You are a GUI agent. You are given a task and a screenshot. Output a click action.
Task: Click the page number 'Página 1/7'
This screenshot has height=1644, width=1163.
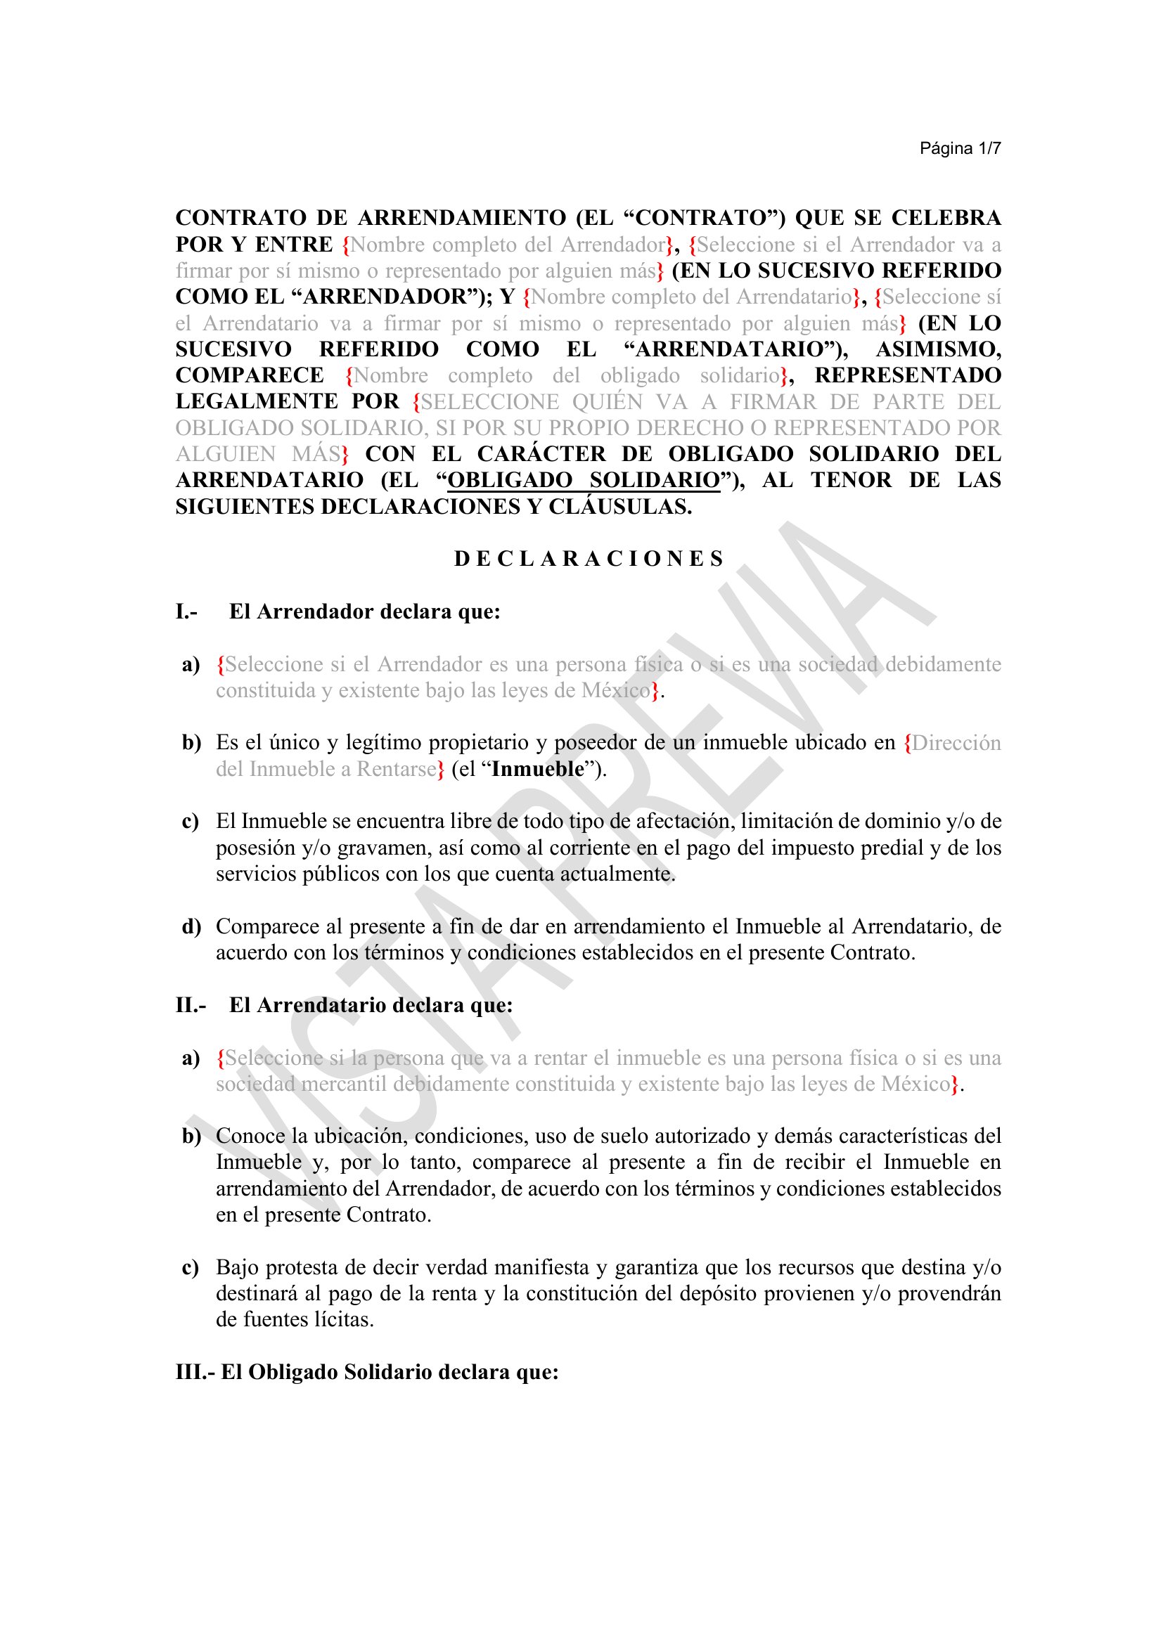tap(960, 148)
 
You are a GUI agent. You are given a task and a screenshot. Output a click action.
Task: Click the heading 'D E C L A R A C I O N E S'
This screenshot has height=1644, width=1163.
tap(589, 559)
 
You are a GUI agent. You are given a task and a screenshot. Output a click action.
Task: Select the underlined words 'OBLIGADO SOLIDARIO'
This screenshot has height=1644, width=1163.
tap(584, 480)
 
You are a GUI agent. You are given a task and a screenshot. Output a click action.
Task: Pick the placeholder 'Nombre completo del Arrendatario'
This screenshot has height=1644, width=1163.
tap(692, 297)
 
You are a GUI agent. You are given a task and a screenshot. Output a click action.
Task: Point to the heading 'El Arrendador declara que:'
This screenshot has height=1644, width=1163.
tap(364, 611)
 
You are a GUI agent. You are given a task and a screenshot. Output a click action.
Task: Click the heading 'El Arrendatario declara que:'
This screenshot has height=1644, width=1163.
tap(371, 1005)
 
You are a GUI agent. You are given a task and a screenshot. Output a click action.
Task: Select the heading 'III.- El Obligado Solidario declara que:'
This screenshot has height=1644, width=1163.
tap(366, 1373)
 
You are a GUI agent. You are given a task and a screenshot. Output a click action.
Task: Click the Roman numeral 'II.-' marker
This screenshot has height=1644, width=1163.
tap(191, 1005)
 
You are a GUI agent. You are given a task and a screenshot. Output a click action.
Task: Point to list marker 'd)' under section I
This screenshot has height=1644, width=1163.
tap(191, 926)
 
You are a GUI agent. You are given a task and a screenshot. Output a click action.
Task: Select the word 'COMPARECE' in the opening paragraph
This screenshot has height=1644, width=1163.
tap(250, 375)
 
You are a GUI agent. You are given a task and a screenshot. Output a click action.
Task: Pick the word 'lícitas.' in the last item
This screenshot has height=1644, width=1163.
tap(345, 1320)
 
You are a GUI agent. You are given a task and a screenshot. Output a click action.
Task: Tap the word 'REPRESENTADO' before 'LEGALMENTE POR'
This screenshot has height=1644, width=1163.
tap(907, 375)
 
